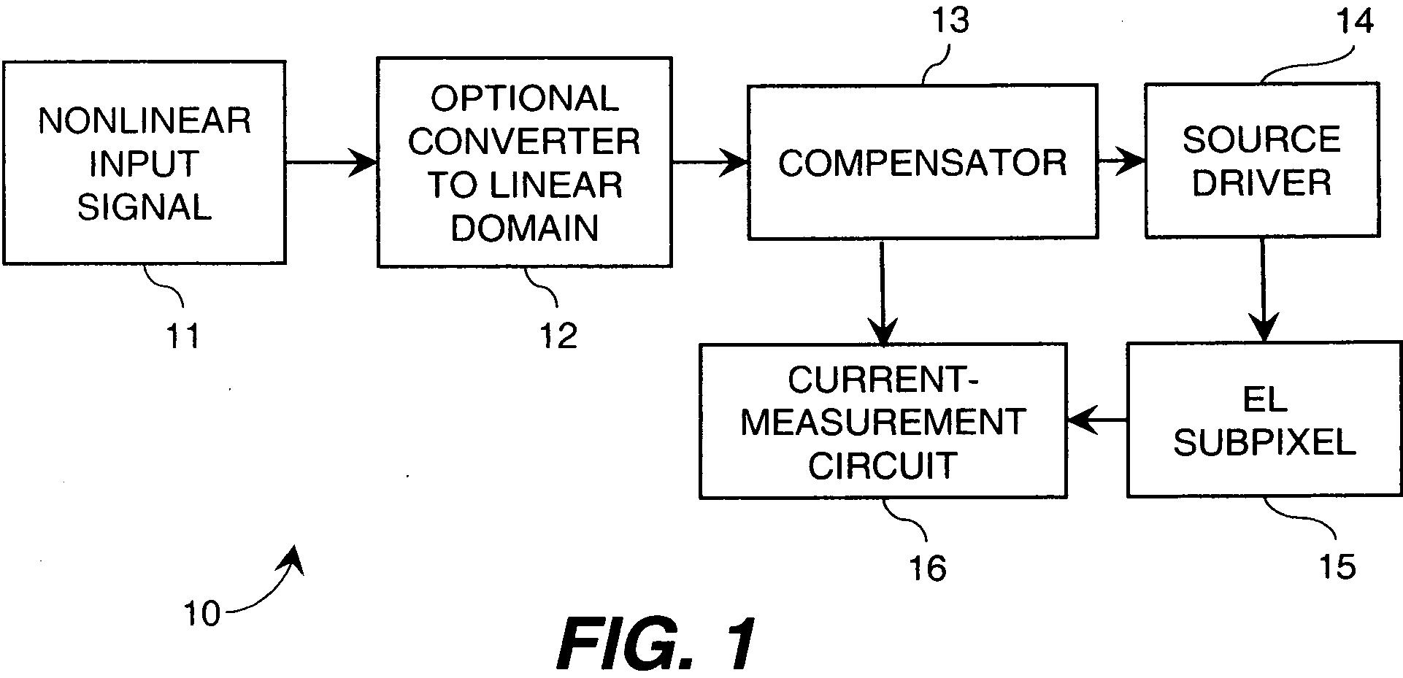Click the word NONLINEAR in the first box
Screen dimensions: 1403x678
pos(145,121)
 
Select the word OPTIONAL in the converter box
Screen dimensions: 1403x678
pos(524,99)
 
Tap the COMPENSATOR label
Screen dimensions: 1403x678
pos(923,162)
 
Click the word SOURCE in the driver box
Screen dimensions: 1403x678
pos(1261,139)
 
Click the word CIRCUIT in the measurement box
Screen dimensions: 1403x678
pos(882,465)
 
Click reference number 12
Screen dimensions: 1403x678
pos(558,336)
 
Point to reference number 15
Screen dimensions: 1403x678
pos(1337,566)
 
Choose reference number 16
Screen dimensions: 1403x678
pos(927,568)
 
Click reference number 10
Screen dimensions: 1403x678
pos(201,614)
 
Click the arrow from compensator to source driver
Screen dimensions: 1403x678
pos(1121,162)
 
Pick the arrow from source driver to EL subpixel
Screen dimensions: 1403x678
pos(1262,289)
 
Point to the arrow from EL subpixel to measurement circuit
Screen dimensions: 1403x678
pos(1097,421)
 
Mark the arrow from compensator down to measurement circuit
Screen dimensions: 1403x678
pos(883,291)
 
